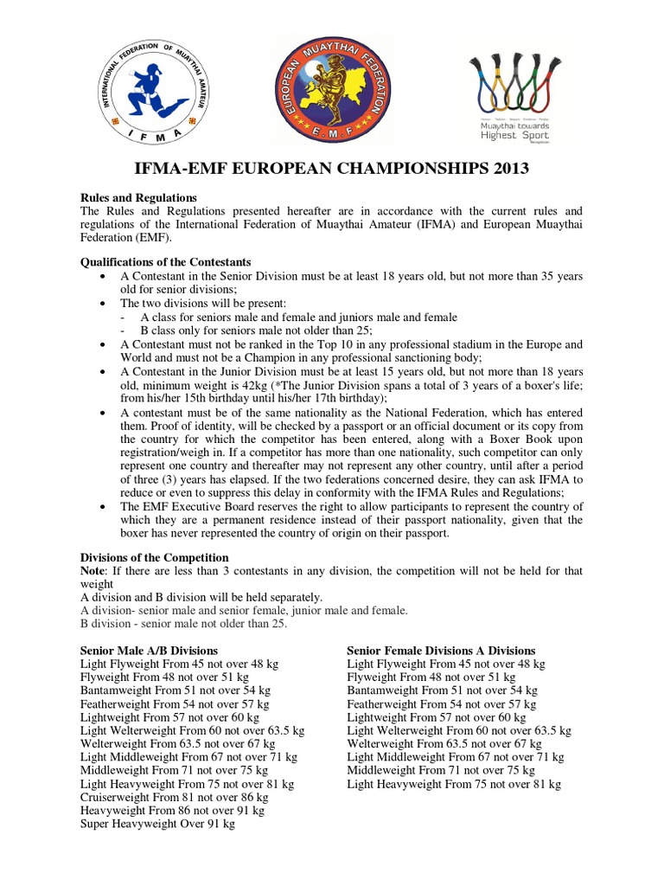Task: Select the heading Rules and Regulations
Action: pyautogui.click(x=138, y=198)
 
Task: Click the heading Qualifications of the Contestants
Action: pyautogui.click(x=165, y=261)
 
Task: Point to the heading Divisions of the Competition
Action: pyautogui.click(x=154, y=557)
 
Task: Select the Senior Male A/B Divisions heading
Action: pyautogui.click(x=149, y=651)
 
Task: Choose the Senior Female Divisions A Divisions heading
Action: pyautogui.click(x=441, y=651)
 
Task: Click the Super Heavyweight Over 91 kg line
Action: pyautogui.click(x=157, y=825)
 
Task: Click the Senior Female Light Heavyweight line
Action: pyautogui.click(x=454, y=785)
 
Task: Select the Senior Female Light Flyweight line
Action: pyautogui.click(x=446, y=664)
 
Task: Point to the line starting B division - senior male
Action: pyautogui.click(x=182, y=624)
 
